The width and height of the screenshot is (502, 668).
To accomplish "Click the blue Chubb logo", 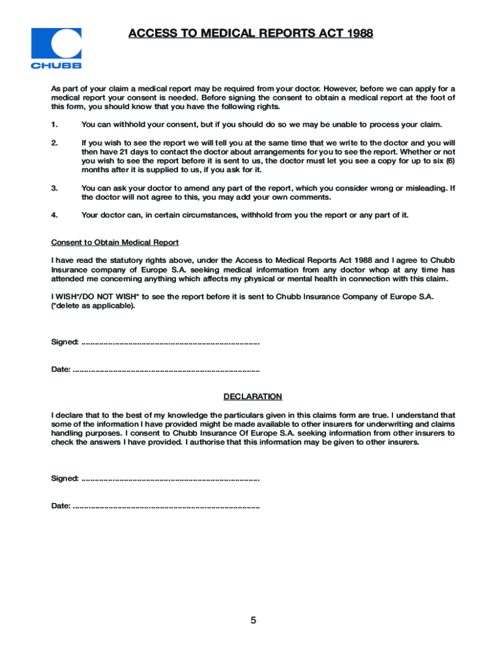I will [57, 48].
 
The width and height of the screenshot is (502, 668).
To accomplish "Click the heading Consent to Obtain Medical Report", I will [115, 243].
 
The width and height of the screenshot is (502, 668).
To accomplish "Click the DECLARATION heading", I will [253, 397].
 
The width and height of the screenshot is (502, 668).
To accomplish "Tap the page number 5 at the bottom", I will [253, 620].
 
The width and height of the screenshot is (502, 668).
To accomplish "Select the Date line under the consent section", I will [166, 370].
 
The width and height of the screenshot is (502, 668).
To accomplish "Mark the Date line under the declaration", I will [166, 506].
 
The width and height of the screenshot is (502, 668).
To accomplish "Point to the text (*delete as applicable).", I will [93, 306].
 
